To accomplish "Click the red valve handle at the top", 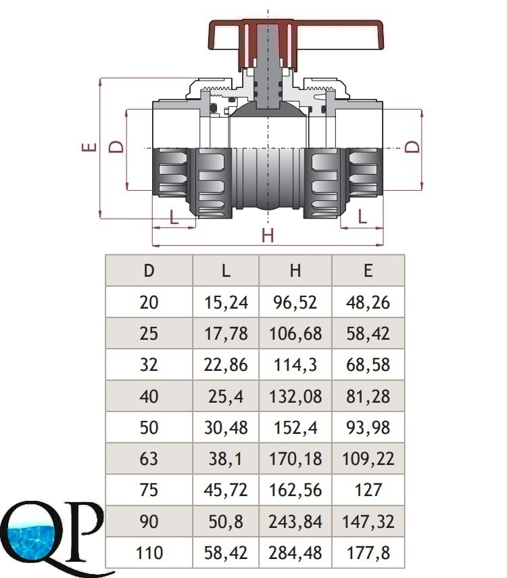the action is [296, 35].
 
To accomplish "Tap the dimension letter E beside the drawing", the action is [89, 148].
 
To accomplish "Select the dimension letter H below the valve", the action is [268, 235].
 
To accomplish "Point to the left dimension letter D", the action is [116, 146].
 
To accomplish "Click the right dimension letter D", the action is [412, 146].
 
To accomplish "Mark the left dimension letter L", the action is [174, 217].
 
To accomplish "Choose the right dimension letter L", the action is [362, 217].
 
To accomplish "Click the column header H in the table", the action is [295, 271].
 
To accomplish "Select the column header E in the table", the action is [368, 271].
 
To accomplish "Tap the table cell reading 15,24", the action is [226, 303].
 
